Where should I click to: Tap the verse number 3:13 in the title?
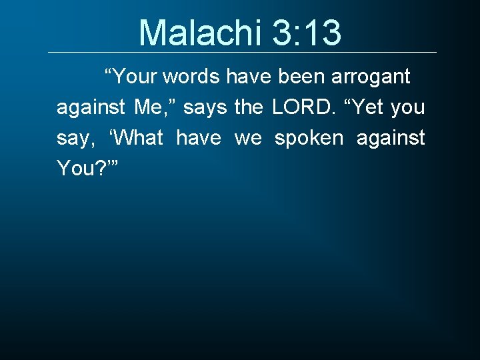(x=307, y=33)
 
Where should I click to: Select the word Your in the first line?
(x=136, y=77)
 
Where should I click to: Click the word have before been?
(x=249, y=77)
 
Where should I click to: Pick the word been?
(x=300, y=77)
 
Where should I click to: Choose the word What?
(x=138, y=138)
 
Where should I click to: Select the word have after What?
(x=198, y=138)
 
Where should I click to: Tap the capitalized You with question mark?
(x=83, y=169)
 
